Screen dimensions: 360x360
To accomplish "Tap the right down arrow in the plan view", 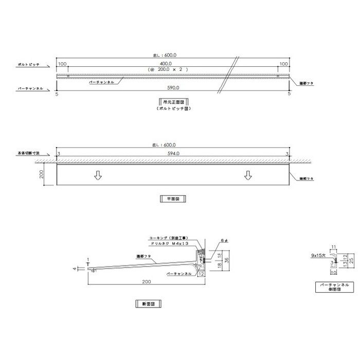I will [248, 176].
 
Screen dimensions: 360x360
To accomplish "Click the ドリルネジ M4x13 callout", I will [173, 244].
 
